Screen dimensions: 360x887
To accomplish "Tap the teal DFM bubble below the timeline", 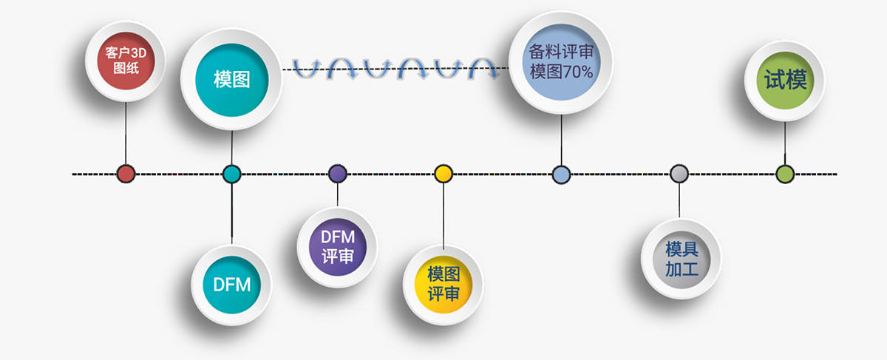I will coord(231,284).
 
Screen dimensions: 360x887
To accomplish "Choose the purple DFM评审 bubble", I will coord(338,247).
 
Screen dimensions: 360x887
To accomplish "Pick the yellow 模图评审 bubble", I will coord(443,285).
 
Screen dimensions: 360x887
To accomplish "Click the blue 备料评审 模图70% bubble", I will coord(561,62).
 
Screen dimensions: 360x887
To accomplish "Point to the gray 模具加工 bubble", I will coord(680,258).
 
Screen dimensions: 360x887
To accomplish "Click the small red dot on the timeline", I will coord(126,174).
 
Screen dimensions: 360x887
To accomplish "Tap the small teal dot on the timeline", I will coord(231,174).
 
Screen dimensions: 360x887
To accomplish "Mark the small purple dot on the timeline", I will coord(338,174).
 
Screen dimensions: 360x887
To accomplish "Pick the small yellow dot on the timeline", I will coord(443,174).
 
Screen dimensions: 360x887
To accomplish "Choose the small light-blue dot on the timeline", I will coord(561,174).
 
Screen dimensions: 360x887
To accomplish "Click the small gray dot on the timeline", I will coord(679,174).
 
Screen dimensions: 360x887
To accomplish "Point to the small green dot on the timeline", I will coord(785,174).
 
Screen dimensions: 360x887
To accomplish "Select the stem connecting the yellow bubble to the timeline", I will coord(443,214).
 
